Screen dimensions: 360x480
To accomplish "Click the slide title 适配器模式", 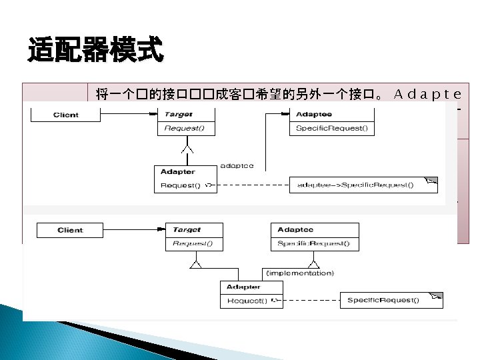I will pyautogui.click(x=95, y=51).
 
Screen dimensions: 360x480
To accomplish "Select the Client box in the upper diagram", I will pyautogui.click(x=66, y=115).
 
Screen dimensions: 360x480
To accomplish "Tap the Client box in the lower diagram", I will pyautogui.click(x=70, y=230).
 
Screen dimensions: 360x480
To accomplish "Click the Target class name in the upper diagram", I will pyautogui.click(x=179, y=115).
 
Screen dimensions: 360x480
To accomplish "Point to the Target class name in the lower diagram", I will pyautogui.click(x=187, y=230).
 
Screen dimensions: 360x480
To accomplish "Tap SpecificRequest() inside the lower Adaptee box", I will pyautogui.click(x=313, y=244).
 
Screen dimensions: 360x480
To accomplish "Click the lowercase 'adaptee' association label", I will pyautogui.click(x=237, y=166).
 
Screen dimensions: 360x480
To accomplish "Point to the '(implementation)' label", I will pyautogui.click(x=300, y=273).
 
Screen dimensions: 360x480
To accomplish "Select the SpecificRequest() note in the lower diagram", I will pyautogui.click(x=383, y=300).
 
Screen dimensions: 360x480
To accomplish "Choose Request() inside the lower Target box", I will pyautogui.click(x=193, y=244).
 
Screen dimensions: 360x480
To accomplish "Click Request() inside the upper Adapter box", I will pyautogui.click(x=180, y=185).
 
